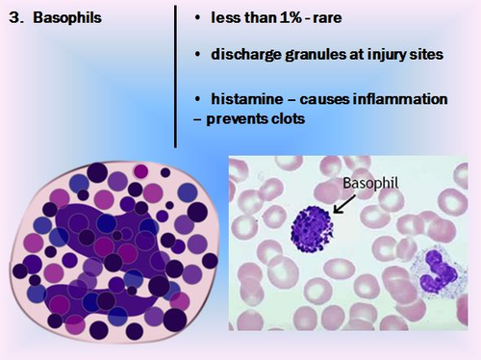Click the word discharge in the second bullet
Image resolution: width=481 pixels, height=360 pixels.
coord(244,55)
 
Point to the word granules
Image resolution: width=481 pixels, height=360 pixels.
coord(316,55)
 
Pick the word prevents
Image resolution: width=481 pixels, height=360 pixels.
coord(234,120)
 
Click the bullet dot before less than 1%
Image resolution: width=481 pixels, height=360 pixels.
coord(197,19)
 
